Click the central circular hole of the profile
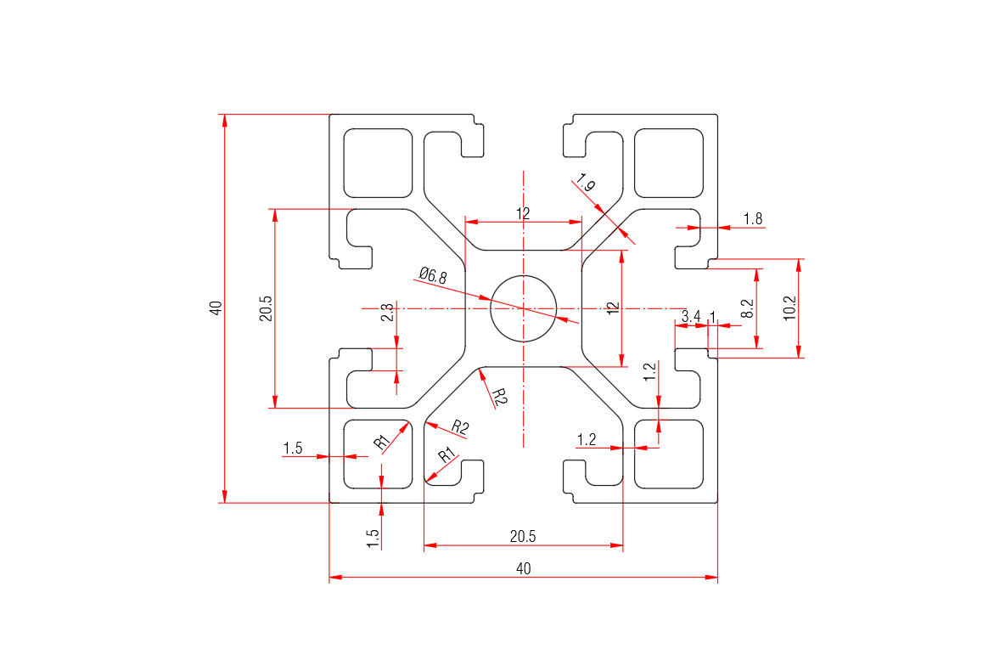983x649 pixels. (x=523, y=308)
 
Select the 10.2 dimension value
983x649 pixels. (x=789, y=307)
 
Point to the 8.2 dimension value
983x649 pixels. (x=747, y=308)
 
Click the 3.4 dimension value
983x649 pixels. (x=690, y=317)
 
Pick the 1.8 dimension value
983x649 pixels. (x=752, y=219)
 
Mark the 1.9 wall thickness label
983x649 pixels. (x=586, y=181)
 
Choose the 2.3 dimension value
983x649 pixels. (x=387, y=313)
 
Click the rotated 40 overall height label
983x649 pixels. (x=216, y=308)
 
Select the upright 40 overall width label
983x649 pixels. (x=523, y=568)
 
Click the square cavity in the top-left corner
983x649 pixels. (x=379, y=162)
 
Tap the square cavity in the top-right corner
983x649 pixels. (x=670, y=162)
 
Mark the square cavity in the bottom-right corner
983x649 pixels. (x=670, y=454)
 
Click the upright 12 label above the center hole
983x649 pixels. (x=523, y=213)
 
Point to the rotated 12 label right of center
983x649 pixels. (x=614, y=308)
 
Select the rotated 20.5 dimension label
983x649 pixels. (x=266, y=308)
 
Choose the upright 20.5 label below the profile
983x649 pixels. (x=523, y=537)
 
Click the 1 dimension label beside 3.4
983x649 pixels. (x=713, y=317)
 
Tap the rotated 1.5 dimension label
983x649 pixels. (x=372, y=539)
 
